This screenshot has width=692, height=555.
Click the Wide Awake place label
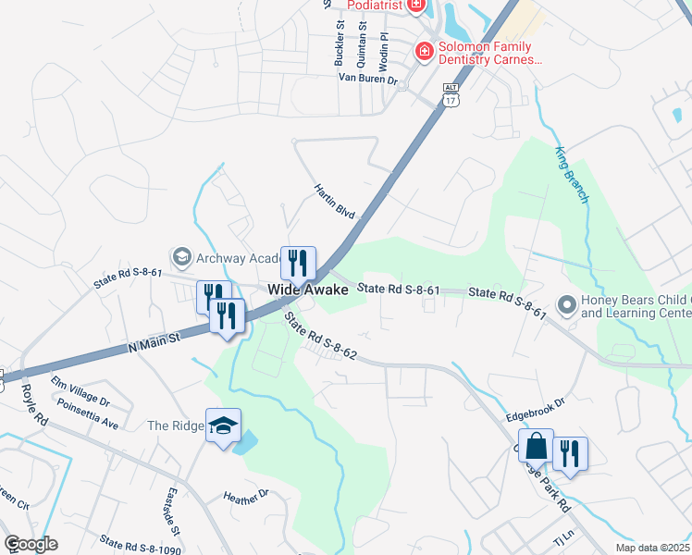(x=308, y=290)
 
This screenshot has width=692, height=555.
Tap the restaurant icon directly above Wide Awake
(x=298, y=263)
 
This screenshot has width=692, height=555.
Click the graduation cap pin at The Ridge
(x=223, y=425)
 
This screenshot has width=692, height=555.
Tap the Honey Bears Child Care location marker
(x=566, y=304)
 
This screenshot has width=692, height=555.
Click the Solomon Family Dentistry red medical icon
(x=425, y=51)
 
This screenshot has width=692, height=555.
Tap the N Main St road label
(x=152, y=346)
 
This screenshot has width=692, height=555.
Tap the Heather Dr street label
(x=245, y=498)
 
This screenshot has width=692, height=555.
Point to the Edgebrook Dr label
(x=535, y=410)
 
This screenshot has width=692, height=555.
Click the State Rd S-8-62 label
(x=320, y=337)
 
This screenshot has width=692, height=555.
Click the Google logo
(x=30, y=543)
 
